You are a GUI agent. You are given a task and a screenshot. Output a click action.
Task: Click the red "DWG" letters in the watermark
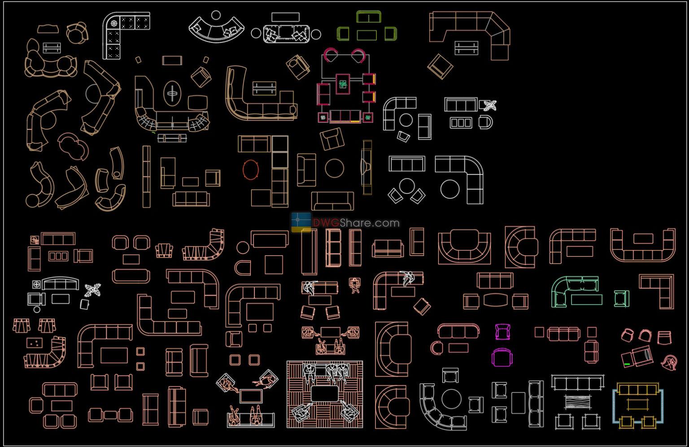[326, 223]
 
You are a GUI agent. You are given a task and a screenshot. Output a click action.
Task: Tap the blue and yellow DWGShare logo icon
[301, 222]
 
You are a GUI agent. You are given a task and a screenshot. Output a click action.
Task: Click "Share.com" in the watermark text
[370, 223]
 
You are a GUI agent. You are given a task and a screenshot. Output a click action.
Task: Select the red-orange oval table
[251, 169]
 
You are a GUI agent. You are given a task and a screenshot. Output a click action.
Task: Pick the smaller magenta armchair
[502, 332]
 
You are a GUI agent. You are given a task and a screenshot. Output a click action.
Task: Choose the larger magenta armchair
[502, 358]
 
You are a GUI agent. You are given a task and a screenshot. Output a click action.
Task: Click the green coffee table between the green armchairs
[366, 35]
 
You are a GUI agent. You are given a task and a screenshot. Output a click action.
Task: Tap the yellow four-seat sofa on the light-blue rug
[638, 389]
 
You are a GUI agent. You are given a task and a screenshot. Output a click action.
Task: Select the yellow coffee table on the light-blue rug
[637, 405]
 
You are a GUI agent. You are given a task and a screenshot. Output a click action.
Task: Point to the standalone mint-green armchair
[622, 299]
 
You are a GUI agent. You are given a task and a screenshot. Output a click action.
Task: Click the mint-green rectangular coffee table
[587, 300]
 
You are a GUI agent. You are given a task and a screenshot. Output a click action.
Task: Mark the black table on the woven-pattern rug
[324, 394]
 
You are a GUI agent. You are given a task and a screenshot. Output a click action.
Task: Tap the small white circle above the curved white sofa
[216, 15]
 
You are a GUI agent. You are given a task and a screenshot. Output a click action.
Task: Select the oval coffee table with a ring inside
[172, 93]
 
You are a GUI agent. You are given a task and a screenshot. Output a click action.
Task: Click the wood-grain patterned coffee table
[578, 403]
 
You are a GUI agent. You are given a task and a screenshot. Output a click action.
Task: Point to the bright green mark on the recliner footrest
[627, 364]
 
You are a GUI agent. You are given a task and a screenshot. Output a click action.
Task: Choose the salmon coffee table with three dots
[35, 343]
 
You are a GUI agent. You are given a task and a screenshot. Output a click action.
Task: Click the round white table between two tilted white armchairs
[407, 186]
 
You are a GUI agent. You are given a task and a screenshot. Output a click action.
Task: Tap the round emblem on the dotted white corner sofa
[114, 23]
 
